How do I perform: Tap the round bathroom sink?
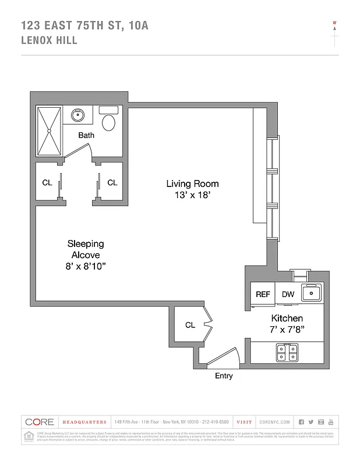click(x=77, y=115)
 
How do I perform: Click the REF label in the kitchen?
click(x=263, y=294)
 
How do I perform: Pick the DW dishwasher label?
click(x=288, y=294)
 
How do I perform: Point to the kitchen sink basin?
click(x=312, y=293)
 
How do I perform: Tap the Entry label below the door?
click(x=224, y=376)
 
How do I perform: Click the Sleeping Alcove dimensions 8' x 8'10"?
click(x=86, y=266)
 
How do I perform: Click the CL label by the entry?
click(x=190, y=325)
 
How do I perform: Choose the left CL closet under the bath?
click(x=47, y=182)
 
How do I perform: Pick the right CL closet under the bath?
click(x=112, y=182)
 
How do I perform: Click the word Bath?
click(x=86, y=135)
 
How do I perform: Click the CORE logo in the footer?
click(x=40, y=422)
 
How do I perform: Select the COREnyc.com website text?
click(x=274, y=422)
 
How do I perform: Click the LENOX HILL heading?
click(x=49, y=41)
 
